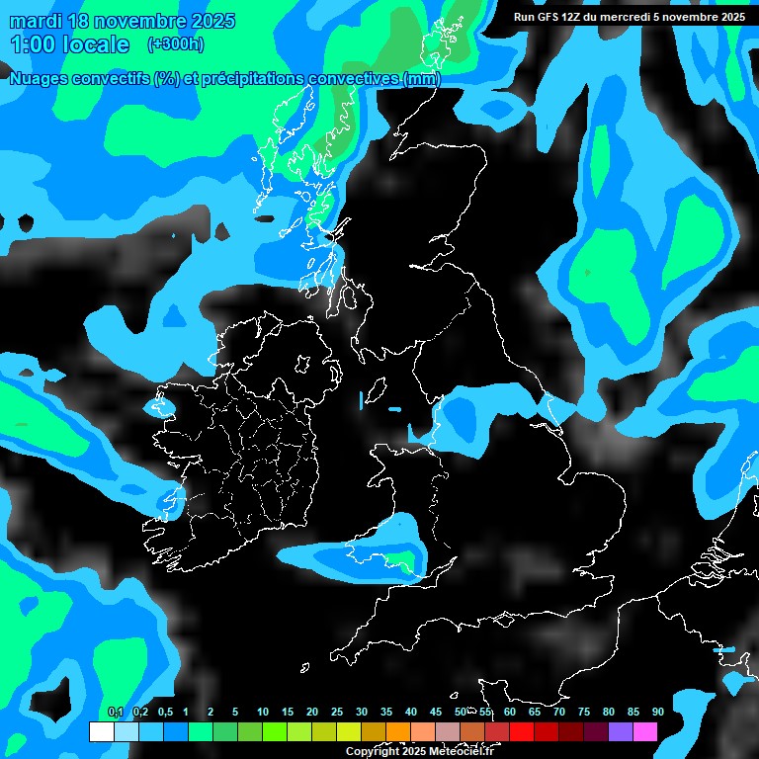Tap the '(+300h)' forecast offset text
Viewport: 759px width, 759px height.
[176, 43]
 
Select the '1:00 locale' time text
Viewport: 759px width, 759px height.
[69, 44]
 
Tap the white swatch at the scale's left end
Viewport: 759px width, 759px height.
[101, 732]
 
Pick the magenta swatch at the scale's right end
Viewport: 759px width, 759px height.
[644, 732]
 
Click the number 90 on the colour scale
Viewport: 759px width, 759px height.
[657, 712]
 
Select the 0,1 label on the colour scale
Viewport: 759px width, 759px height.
[116, 712]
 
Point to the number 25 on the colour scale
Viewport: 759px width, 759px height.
[337, 712]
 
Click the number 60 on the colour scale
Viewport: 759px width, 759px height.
[509, 712]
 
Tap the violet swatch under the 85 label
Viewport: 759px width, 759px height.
[620, 732]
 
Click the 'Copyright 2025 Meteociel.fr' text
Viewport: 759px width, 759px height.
[419, 751]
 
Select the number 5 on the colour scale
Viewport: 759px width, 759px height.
[235, 712]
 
